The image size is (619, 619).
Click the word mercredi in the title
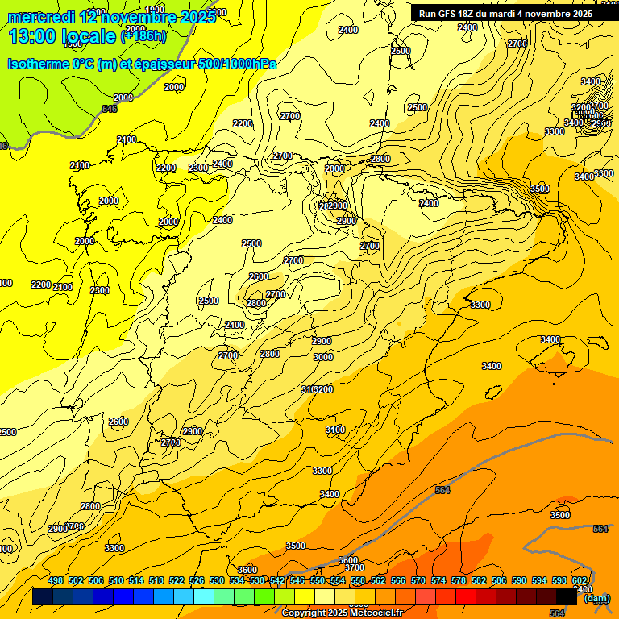(x=42, y=17)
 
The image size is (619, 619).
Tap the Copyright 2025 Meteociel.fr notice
(x=342, y=613)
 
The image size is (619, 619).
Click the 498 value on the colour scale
(x=56, y=580)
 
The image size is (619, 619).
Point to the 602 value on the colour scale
(x=580, y=580)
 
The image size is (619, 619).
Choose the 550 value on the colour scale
(x=318, y=580)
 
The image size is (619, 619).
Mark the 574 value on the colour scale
(x=438, y=580)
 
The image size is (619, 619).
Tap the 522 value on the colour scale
(x=177, y=580)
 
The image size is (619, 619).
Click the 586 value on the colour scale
(x=499, y=580)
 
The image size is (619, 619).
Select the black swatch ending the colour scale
(x=567, y=597)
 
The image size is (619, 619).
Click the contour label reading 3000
(x=323, y=357)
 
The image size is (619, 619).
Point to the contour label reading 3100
(x=335, y=430)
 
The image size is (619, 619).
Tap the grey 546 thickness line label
(x=110, y=109)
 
